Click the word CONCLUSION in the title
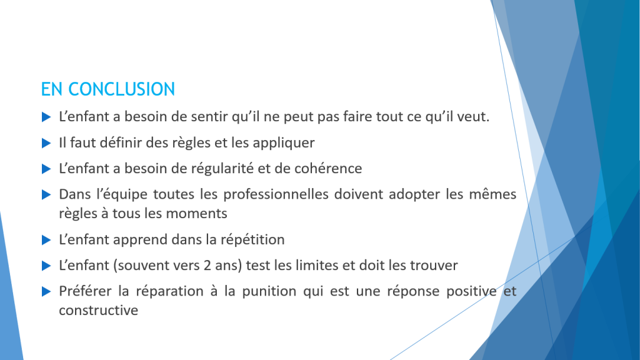[x=121, y=89]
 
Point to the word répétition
[x=252, y=240]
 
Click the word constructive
[x=98, y=310]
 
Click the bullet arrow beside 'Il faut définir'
[x=46, y=143]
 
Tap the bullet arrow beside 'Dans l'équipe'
[x=46, y=195]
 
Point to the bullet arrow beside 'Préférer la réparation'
[x=46, y=291]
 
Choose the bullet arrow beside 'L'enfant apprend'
[x=46, y=240]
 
